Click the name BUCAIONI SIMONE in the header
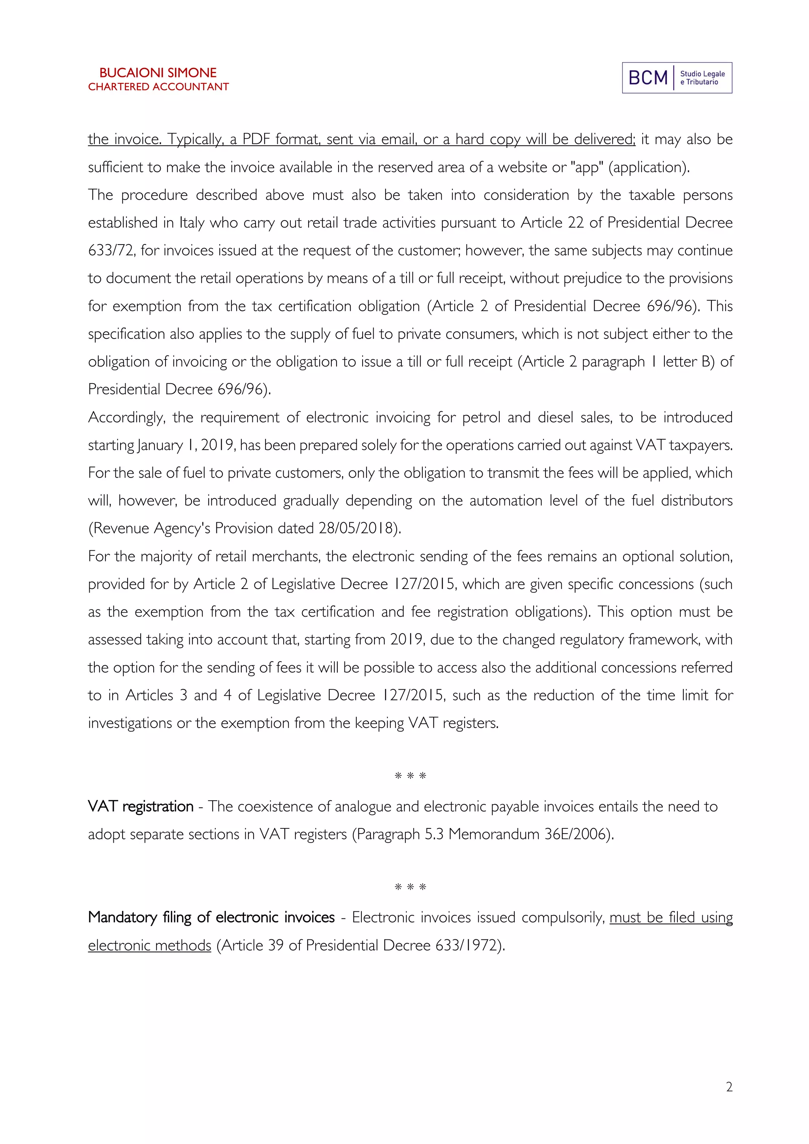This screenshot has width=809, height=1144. [x=158, y=73]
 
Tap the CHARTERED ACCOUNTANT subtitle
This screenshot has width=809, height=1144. [x=158, y=87]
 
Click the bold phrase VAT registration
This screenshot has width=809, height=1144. [x=141, y=806]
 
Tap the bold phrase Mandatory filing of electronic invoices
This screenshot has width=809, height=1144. [x=211, y=917]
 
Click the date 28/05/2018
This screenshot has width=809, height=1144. [x=357, y=528]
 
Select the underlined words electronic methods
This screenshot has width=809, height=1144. [x=149, y=945]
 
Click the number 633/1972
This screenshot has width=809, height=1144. [x=466, y=945]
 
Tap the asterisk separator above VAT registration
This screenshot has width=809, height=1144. [x=410, y=776]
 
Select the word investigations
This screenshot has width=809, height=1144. [x=130, y=723]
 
